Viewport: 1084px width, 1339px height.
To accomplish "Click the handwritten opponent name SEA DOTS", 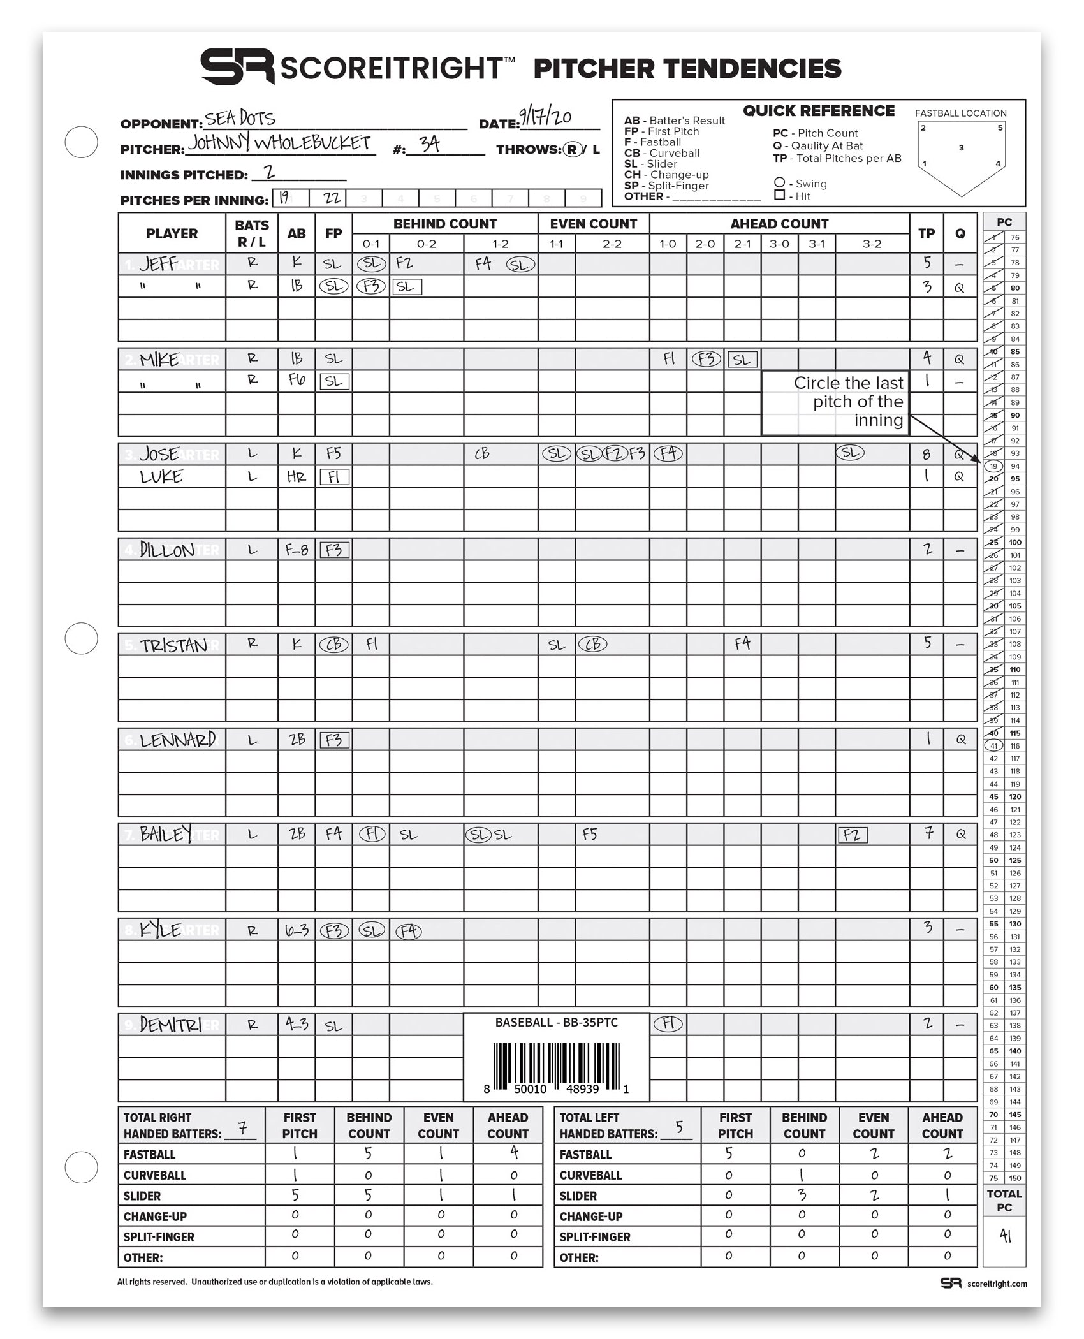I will (x=240, y=119).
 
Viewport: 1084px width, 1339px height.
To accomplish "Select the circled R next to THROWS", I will (x=573, y=149).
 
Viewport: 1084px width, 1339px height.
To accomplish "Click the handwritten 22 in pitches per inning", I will (x=332, y=198).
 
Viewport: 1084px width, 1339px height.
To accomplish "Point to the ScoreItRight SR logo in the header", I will (x=237, y=67).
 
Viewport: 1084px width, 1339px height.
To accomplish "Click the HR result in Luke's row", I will (x=296, y=477).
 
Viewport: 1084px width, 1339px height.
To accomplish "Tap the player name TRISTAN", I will (x=173, y=645).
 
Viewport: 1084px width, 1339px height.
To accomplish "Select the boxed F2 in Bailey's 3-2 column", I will (x=852, y=835).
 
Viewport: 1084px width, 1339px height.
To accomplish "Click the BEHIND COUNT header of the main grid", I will (x=444, y=224).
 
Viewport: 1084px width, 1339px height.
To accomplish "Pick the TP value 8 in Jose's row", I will (x=926, y=455).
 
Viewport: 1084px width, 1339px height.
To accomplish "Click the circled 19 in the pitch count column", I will (x=993, y=466).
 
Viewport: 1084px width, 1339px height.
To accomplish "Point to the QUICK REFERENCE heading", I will (x=819, y=111).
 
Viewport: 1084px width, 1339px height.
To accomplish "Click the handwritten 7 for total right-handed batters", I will (x=242, y=1129).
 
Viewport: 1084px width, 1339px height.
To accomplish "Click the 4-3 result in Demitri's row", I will (x=297, y=1025).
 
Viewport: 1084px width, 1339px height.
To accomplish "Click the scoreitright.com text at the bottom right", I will (x=997, y=1284).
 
